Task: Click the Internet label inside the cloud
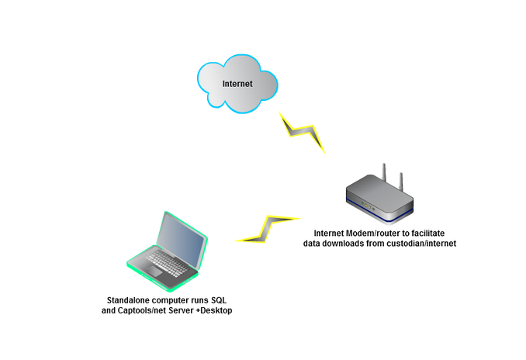tap(237, 84)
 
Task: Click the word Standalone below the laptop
tap(133, 300)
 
